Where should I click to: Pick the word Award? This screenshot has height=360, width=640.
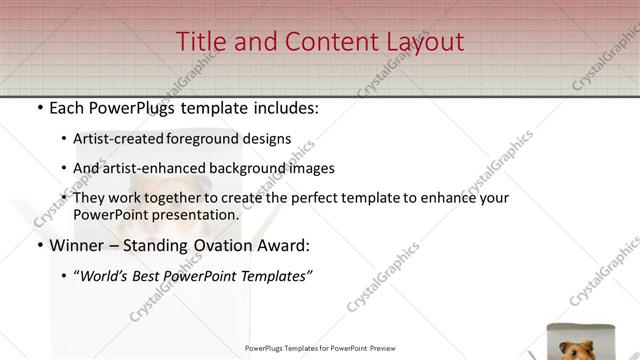click(289, 245)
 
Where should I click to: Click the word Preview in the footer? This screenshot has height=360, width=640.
click(384, 348)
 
